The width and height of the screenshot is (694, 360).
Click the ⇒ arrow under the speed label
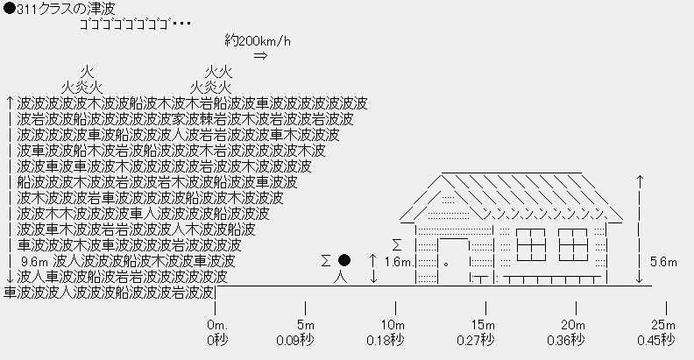tap(260, 56)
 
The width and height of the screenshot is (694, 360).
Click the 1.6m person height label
tap(398, 261)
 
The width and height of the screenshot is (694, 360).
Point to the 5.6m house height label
tap(671, 261)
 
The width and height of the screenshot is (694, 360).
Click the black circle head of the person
tap(344, 260)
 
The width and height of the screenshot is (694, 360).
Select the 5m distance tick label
tap(306, 326)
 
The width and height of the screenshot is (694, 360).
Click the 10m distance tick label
tap(395, 326)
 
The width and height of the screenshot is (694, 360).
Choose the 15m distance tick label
tap(485, 326)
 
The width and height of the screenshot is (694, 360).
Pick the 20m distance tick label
tap(574, 326)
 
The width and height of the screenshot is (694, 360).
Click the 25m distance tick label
tap(663, 326)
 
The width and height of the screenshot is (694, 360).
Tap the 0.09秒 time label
tap(296, 340)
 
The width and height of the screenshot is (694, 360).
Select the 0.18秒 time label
tap(386, 340)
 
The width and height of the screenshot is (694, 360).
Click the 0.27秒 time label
tap(476, 340)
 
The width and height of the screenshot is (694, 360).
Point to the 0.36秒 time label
tap(565, 340)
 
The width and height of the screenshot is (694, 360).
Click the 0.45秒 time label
tap(655, 340)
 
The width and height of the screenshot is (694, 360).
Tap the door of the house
tap(453, 261)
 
